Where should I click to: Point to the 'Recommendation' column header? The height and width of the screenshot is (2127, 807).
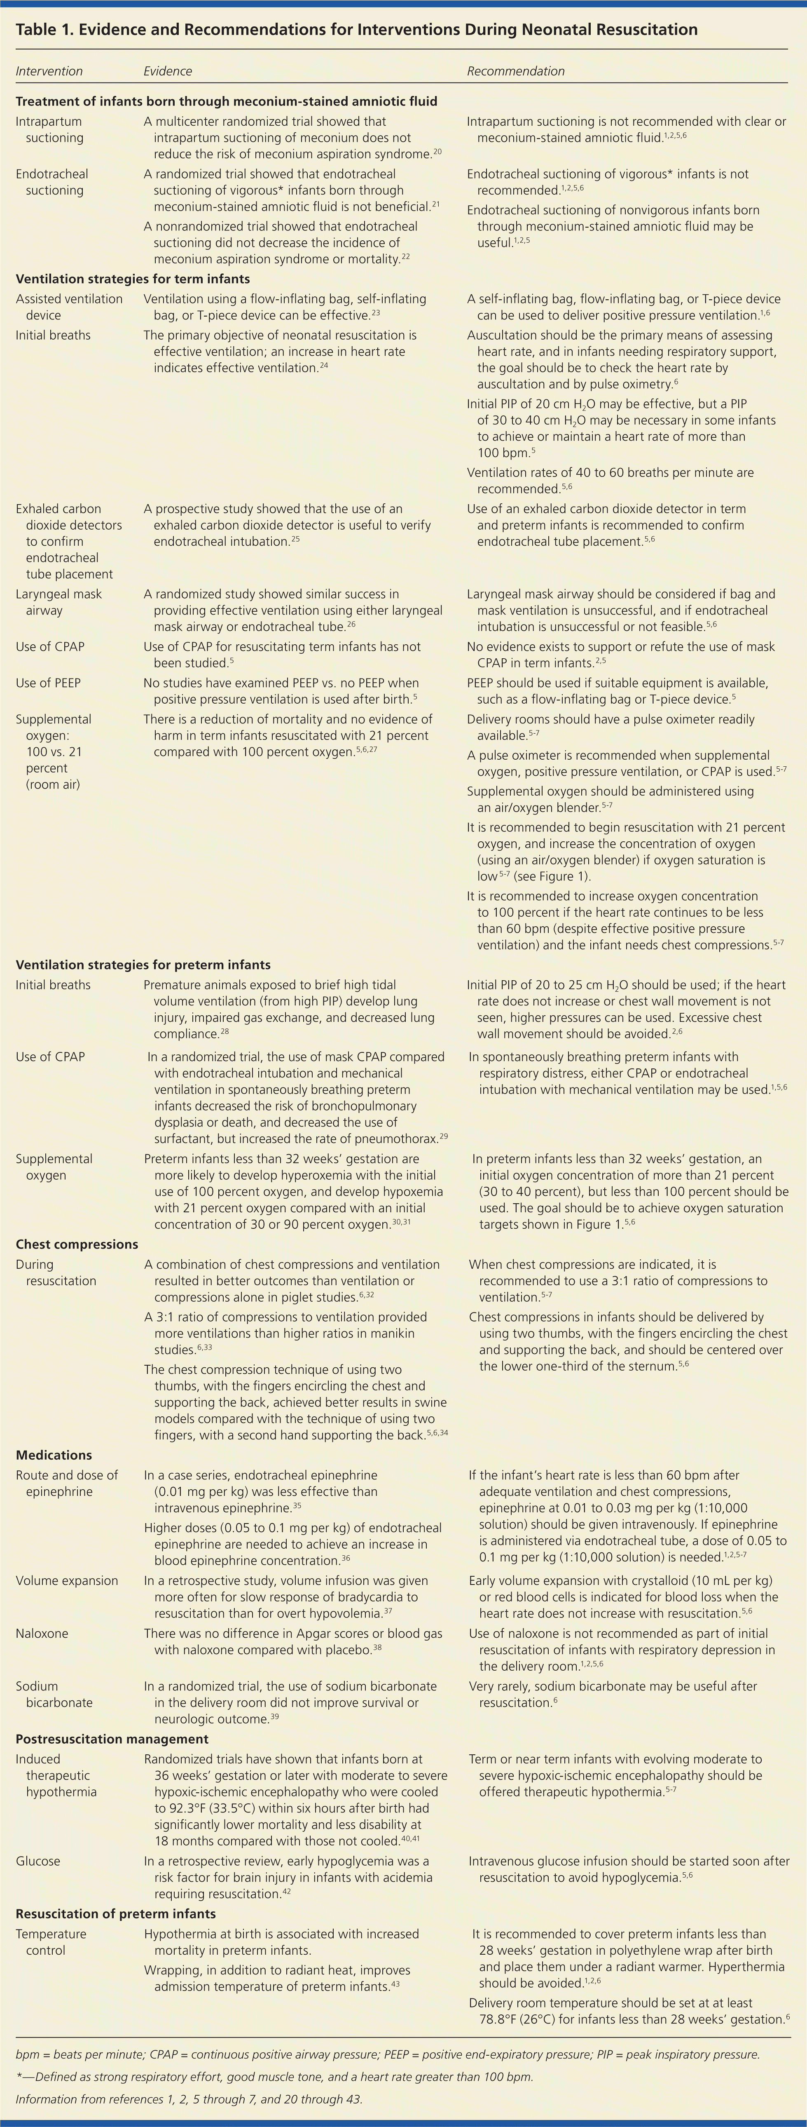pyautogui.click(x=516, y=71)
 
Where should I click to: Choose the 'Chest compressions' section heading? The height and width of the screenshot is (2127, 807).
pyautogui.click(x=77, y=1244)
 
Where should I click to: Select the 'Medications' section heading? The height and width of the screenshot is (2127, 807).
pyautogui.click(x=54, y=1455)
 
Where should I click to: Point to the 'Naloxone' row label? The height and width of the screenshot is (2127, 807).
pyautogui.click(x=41, y=1633)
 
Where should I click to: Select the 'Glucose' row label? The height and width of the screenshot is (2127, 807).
pyautogui.click(x=38, y=1861)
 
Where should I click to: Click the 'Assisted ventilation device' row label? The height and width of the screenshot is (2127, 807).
pyautogui.click(x=68, y=307)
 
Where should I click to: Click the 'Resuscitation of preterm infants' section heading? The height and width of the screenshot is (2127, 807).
pyautogui.click(x=115, y=1914)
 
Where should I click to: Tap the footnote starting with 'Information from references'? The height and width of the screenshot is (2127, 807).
pyautogui.click(x=188, y=2099)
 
